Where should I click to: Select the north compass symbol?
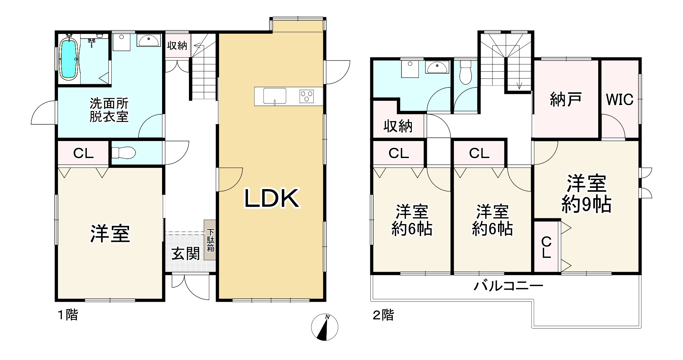324,327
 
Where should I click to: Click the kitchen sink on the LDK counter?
275,96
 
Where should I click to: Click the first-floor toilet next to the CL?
123,153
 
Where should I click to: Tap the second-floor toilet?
465,74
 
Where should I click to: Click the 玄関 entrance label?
186,254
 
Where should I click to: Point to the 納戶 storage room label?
566,100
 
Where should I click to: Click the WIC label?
620,100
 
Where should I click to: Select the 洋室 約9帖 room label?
586,194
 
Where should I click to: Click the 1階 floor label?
68,315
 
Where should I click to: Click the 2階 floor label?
383,315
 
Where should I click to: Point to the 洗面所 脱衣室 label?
109,110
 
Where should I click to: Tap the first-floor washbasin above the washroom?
148,41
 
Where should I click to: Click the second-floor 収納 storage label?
398,126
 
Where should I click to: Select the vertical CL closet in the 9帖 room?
546,247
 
